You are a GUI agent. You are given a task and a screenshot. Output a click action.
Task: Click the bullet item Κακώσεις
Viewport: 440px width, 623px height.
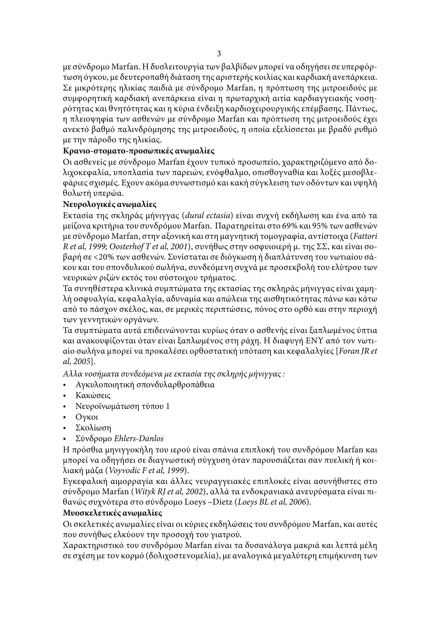(93, 395)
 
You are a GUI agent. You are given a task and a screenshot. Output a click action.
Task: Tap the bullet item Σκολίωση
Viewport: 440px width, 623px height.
(93, 428)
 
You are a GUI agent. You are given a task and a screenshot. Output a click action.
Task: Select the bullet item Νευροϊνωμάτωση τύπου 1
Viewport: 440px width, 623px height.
(122, 406)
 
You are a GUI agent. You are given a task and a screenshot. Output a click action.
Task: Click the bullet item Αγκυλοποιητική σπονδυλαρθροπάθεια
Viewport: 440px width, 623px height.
(145, 385)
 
